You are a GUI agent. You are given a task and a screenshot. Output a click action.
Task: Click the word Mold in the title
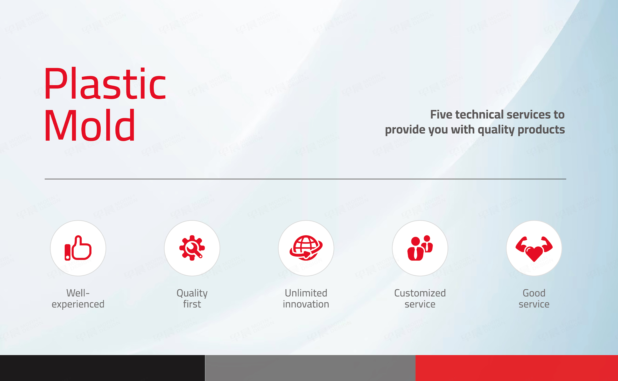[90, 125]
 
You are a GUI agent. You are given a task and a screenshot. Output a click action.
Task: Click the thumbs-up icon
[78, 248]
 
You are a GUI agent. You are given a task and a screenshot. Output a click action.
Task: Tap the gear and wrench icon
[192, 248]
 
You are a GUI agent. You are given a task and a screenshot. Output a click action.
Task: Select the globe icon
[306, 248]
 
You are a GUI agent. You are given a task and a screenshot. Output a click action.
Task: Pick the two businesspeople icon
[420, 248]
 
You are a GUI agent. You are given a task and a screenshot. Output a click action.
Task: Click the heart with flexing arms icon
[534, 249]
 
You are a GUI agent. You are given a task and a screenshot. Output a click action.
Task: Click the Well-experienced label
[78, 299]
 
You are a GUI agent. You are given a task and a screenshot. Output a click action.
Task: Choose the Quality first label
[192, 299]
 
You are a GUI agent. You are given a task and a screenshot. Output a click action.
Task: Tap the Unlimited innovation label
[306, 299]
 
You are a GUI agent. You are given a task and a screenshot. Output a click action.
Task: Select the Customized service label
[420, 299]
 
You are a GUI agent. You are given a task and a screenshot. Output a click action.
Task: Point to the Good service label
[534, 299]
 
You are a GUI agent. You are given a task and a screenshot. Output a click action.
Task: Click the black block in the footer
[102, 368]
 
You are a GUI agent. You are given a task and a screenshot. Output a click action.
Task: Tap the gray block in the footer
[310, 368]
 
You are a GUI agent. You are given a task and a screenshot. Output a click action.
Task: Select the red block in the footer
[517, 368]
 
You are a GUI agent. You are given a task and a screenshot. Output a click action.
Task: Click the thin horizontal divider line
[305, 179]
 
